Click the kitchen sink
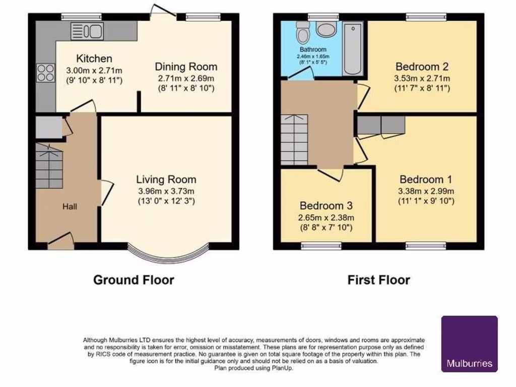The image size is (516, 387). [87, 31]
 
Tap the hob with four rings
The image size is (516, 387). [45, 74]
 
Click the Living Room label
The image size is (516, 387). [166, 179]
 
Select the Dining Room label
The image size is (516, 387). [186, 67]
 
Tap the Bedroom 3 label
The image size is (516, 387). [327, 206]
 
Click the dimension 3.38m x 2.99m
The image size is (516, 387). [426, 191]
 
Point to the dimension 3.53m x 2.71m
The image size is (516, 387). [422, 78]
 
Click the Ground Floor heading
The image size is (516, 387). [134, 280]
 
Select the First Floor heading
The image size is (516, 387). [378, 280]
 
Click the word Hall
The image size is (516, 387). [70, 207]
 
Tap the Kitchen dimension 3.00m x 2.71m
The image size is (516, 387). [94, 70]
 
